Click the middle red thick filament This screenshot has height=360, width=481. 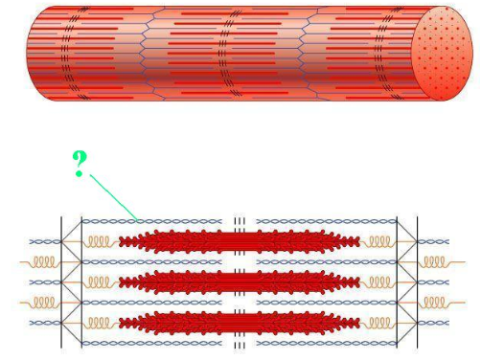pos(240,281)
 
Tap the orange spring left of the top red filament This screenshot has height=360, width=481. pos(101,240)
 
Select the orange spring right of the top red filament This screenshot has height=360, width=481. pos(378,240)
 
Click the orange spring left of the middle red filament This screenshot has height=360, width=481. pos(101,281)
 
